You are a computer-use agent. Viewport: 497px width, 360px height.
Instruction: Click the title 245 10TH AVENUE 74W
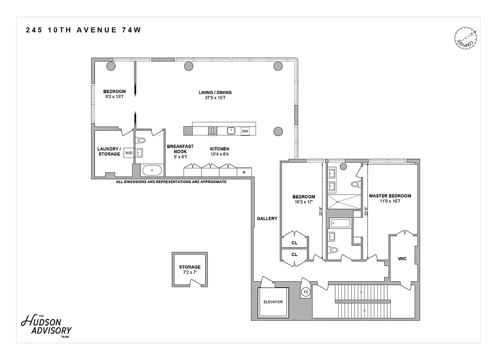[81, 30]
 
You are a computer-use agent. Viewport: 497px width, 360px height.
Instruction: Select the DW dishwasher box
[245, 131]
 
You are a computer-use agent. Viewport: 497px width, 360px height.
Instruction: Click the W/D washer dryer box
[129, 153]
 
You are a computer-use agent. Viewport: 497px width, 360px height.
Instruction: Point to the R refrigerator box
[244, 172]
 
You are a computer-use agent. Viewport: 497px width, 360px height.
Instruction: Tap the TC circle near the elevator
[305, 292]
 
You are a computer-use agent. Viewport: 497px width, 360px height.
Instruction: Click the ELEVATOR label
[273, 302]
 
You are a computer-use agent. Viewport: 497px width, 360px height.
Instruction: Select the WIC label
[402, 259]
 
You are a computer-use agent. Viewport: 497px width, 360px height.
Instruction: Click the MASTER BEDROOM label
[390, 196]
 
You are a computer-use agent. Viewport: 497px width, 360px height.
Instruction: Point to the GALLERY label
[267, 219]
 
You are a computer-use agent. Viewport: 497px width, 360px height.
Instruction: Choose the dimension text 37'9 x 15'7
[215, 98]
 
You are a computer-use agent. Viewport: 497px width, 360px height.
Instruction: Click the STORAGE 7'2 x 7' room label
[189, 270]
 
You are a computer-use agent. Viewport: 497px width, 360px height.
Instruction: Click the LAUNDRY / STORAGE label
[108, 151]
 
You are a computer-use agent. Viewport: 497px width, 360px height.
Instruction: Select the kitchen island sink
[231, 131]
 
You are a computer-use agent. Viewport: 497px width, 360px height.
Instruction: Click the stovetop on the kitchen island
[212, 131]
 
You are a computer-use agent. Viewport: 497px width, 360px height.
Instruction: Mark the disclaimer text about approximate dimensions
[171, 182]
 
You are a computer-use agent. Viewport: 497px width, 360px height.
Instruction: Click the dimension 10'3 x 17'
[304, 202]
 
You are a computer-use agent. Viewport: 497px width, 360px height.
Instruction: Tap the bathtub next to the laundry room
[152, 171]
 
